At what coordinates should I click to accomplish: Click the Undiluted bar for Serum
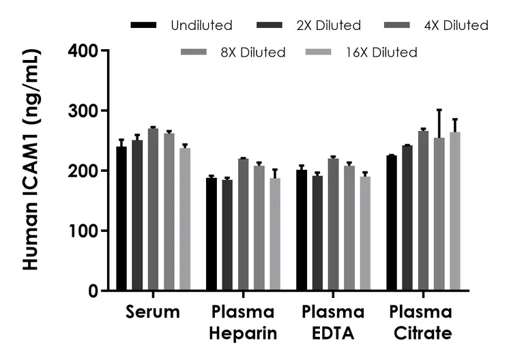pos(121,218)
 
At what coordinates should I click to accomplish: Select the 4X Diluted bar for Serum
pos(153,209)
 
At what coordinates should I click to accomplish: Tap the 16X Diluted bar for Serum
pos(185,219)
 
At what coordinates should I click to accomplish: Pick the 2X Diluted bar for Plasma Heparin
pos(227,235)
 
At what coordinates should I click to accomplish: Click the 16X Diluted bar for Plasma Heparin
pos(275,234)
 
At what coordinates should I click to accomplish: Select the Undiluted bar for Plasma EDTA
pos(302,230)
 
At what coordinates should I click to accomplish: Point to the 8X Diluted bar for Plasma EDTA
pos(349,228)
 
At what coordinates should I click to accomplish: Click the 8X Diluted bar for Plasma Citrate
pos(439,214)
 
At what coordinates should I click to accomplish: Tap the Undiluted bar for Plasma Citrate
pos(392,223)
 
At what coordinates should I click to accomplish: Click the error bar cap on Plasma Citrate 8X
pos(439,110)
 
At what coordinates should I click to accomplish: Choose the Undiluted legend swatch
pos(143,25)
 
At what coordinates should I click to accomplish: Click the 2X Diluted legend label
pos(328,25)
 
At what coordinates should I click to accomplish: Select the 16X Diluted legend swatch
pos(319,52)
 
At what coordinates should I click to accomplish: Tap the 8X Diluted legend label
pos(253,52)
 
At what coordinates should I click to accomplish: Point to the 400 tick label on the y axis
pos(83,50)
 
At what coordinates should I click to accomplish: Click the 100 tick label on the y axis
pos(83,231)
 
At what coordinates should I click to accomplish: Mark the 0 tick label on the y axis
pos(93,291)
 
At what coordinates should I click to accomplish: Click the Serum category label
pos(153,312)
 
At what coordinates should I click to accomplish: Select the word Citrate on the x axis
pos(423,333)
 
